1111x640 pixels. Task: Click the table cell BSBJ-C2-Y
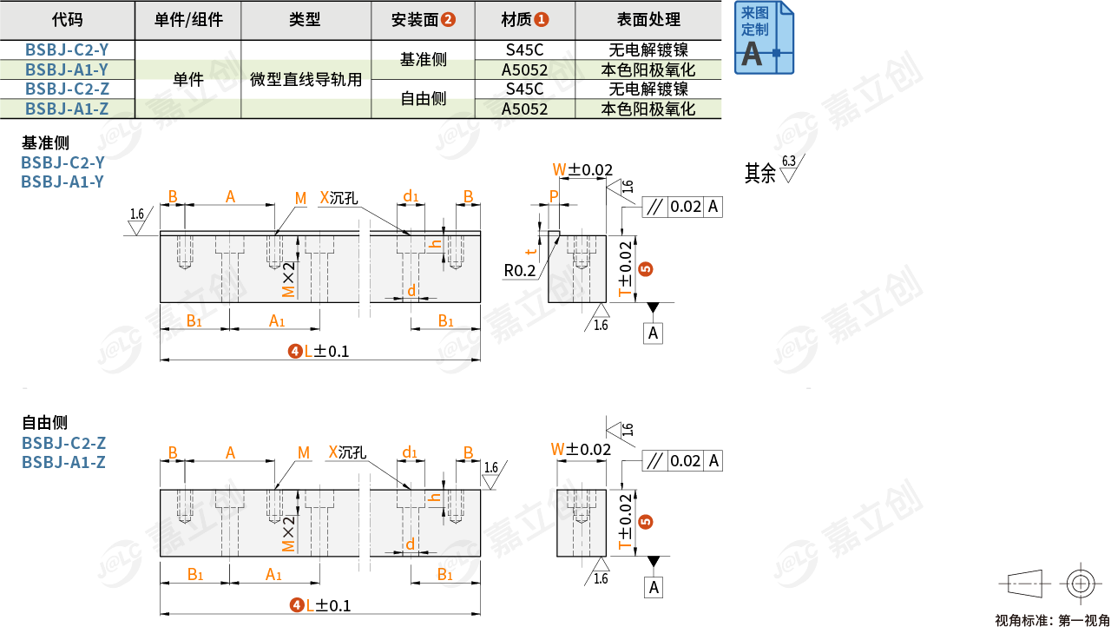pyautogui.click(x=67, y=50)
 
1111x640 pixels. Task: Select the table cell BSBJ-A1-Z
pyautogui.click(x=67, y=109)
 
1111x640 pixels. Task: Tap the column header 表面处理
pyautogui.click(x=648, y=19)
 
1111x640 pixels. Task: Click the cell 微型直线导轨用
pyautogui.click(x=306, y=79)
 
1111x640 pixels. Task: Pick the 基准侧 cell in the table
pyautogui.click(x=423, y=60)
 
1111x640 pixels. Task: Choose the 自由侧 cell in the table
pyautogui.click(x=423, y=99)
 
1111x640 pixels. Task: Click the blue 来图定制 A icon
pyautogui.click(x=764, y=37)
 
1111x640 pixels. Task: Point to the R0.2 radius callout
pyautogui.click(x=520, y=270)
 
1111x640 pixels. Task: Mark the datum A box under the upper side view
pyautogui.click(x=654, y=333)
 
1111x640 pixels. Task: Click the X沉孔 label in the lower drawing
pyautogui.click(x=347, y=452)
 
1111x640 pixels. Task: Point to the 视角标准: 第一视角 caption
pyautogui.click(x=1052, y=620)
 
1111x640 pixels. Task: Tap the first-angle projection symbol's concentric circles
pyautogui.click(x=1080, y=584)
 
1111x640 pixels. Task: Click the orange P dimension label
pyautogui.click(x=553, y=196)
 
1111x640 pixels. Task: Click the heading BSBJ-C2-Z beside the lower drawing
pyautogui.click(x=63, y=443)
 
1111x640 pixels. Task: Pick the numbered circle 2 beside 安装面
pyautogui.click(x=448, y=19)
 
